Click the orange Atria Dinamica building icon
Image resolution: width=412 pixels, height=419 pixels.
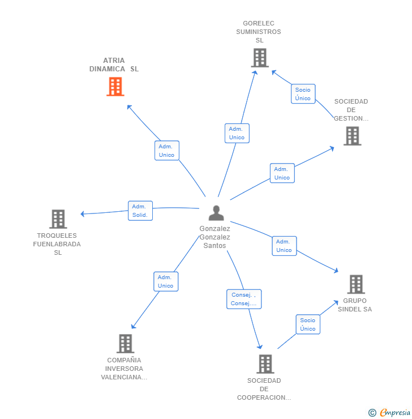tap(115, 87)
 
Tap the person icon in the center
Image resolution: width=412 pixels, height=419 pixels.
tap(216, 213)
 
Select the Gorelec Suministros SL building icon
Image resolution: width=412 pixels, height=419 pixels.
tap(260, 58)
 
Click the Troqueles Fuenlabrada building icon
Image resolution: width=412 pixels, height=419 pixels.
tap(58, 219)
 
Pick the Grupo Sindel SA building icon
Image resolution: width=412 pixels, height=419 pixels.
tap(356, 284)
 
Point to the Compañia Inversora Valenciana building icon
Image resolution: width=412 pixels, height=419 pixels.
tap(126, 344)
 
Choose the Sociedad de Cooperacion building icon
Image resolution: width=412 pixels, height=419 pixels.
tap(265, 364)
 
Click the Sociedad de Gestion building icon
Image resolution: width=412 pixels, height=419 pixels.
tap(353, 136)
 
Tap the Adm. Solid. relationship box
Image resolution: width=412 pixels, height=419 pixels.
tap(140, 211)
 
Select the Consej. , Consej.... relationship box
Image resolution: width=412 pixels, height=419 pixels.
tap(244, 299)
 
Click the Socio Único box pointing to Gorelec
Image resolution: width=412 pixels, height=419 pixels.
tap(303, 94)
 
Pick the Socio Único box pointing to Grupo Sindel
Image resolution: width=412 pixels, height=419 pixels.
tap(308, 324)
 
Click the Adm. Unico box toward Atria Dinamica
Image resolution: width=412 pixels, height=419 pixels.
tap(167, 151)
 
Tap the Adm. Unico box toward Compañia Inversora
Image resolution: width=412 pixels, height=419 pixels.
tap(166, 281)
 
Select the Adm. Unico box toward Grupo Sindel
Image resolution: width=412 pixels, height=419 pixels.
tap(284, 246)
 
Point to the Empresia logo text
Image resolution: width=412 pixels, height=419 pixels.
tap(395, 412)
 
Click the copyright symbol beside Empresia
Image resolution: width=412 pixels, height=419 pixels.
tap(372, 413)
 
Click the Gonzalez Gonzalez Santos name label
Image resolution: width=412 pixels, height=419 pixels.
tap(214, 237)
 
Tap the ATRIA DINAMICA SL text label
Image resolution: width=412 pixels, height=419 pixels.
tap(114, 65)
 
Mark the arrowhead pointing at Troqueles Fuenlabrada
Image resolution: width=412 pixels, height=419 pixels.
tap(82, 214)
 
